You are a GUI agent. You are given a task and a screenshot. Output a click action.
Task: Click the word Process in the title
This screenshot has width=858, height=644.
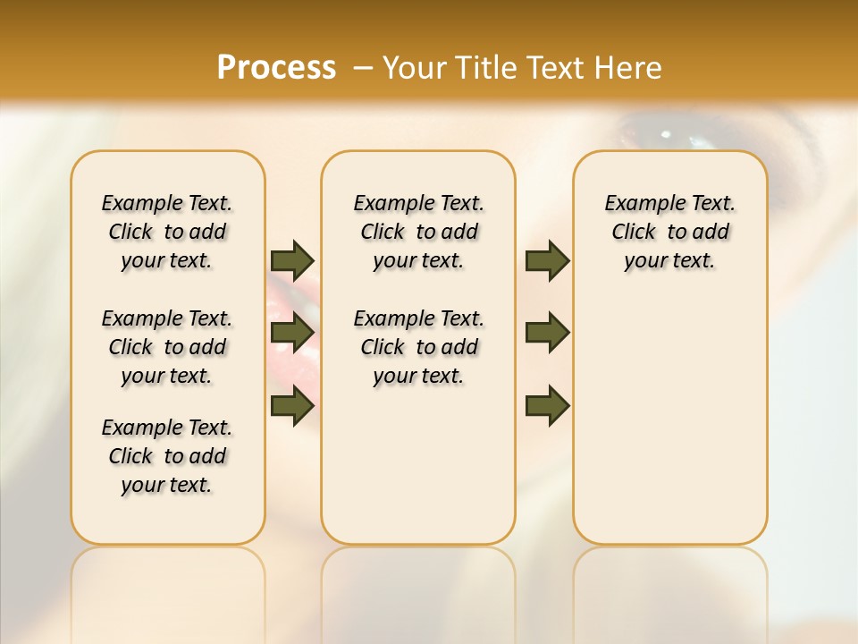pyautogui.click(x=276, y=67)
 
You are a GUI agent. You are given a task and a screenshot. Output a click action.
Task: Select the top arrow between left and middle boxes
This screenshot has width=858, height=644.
pyautogui.click(x=292, y=260)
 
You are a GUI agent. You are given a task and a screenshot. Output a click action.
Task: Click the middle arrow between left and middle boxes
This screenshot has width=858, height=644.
pyautogui.click(x=292, y=334)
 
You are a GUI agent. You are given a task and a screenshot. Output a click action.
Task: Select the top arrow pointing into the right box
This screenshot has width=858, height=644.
pyautogui.click(x=547, y=260)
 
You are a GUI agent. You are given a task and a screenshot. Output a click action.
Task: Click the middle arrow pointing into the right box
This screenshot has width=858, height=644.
pyautogui.click(x=547, y=333)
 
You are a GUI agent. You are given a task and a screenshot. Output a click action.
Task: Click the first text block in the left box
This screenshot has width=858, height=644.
pyautogui.click(x=167, y=232)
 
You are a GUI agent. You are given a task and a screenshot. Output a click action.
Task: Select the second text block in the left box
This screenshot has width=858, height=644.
pyautogui.click(x=167, y=347)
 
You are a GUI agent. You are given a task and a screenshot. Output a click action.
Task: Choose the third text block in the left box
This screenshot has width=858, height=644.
pyautogui.click(x=167, y=456)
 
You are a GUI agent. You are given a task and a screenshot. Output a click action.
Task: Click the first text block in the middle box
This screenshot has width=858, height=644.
pyautogui.click(x=418, y=232)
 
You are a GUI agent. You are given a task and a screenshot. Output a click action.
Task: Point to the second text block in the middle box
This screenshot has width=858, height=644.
pyautogui.click(x=418, y=347)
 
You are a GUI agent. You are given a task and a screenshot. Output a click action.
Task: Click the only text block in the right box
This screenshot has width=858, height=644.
pyautogui.click(x=670, y=232)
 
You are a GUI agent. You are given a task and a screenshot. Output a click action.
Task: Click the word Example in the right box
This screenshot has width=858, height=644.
pyautogui.click(x=641, y=204)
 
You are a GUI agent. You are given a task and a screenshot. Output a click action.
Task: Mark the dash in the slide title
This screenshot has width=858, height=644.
pyautogui.click(x=363, y=67)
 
